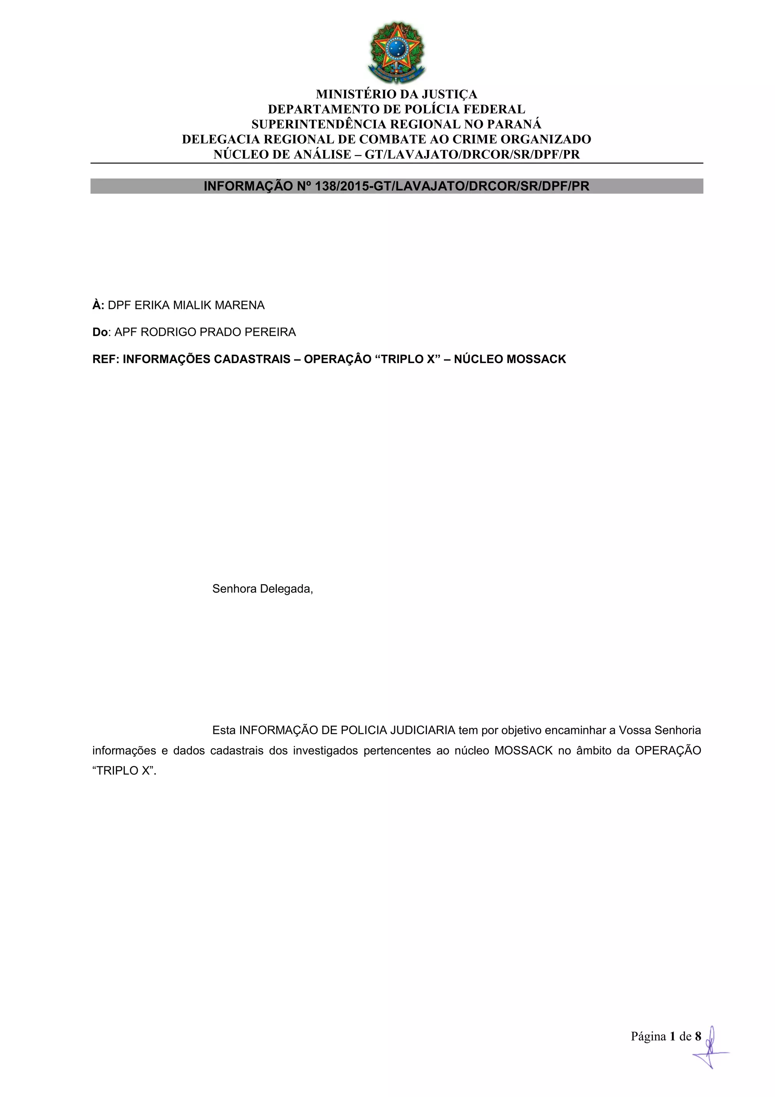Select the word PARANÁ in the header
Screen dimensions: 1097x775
tap(518, 124)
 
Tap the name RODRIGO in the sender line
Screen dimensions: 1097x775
tap(168, 332)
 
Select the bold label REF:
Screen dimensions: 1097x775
tap(106, 359)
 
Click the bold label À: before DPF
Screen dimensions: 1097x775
tap(98, 305)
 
